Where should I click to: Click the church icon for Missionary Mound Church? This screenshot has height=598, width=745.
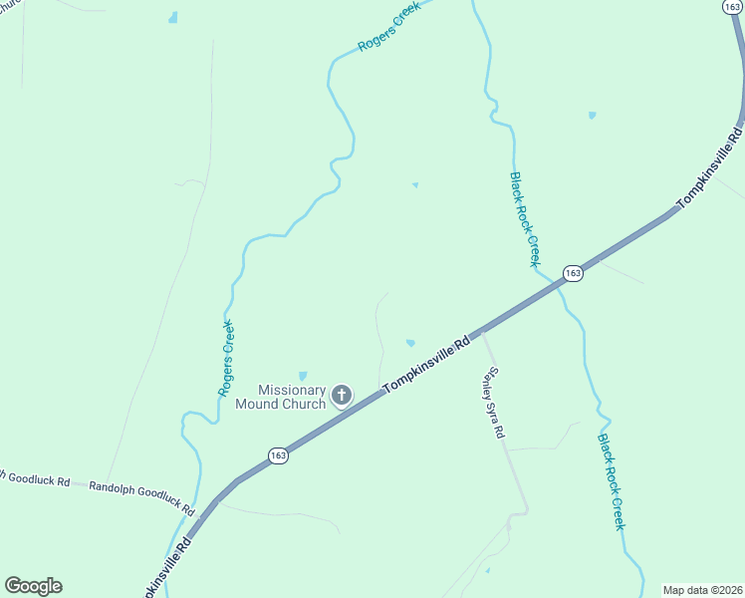click(341, 396)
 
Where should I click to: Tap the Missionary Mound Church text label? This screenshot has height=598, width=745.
click(280, 397)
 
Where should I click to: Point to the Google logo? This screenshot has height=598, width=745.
click(33, 586)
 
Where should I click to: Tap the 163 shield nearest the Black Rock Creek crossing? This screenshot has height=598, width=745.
click(573, 272)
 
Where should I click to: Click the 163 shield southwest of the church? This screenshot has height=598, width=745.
click(279, 454)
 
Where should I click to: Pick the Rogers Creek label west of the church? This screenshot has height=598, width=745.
click(227, 358)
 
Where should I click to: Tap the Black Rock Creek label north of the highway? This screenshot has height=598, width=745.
click(524, 219)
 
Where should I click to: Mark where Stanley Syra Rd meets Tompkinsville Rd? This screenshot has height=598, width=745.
click(483, 333)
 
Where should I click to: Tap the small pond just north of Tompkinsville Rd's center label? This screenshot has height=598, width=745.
click(410, 344)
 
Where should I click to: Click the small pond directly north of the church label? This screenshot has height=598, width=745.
click(303, 375)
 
